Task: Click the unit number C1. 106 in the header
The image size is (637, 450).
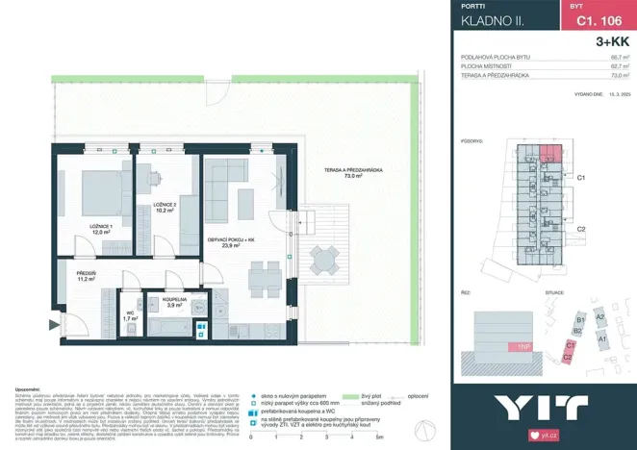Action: [590, 18]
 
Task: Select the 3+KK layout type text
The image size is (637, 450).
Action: [613, 41]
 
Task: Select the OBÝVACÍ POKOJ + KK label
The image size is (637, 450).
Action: [230, 241]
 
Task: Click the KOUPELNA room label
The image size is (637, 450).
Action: [173, 301]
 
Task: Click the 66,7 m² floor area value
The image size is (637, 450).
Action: [620, 58]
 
